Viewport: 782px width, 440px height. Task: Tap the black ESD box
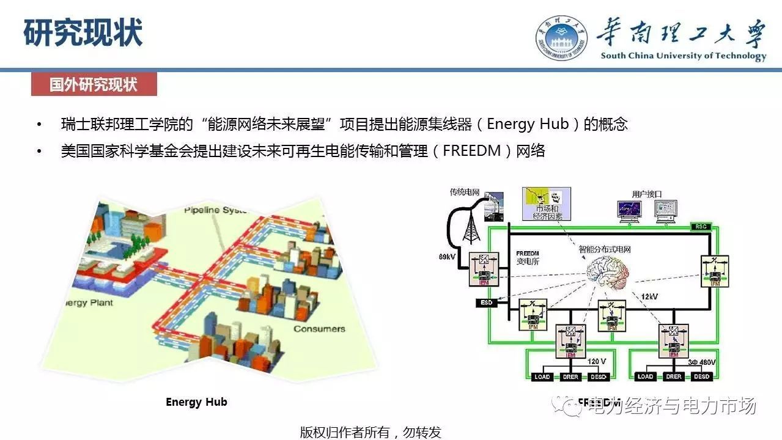pyautogui.click(x=484, y=302)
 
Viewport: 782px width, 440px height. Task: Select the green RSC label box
pyautogui.click(x=699, y=226)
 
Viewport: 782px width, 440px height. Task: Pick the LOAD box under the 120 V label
pyautogui.click(x=542, y=376)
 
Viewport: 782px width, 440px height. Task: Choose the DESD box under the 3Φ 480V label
pyautogui.click(x=702, y=376)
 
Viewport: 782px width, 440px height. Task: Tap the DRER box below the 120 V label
pyautogui.click(x=570, y=376)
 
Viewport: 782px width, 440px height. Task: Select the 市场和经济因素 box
pyautogui.click(x=546, y=204)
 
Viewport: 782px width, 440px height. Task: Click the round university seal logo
pyautogui.click(x=561, y=37)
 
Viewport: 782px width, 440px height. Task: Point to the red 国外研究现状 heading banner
pyautogui.click(x=94, y=85)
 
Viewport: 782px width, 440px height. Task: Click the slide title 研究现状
pyautogui.click(x=83, y=33)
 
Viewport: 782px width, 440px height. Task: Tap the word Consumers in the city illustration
pyautogui.click(x=319, y=329)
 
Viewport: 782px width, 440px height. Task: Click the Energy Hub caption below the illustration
pyautogui.click(x=196, y=402)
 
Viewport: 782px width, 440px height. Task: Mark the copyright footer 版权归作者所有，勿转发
pyautogui.click(x=370, y=432)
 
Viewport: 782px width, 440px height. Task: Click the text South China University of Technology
pyautogui.click(x=683, y=56)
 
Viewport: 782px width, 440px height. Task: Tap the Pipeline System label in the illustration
pyautogui.click(x=215, y=210)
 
